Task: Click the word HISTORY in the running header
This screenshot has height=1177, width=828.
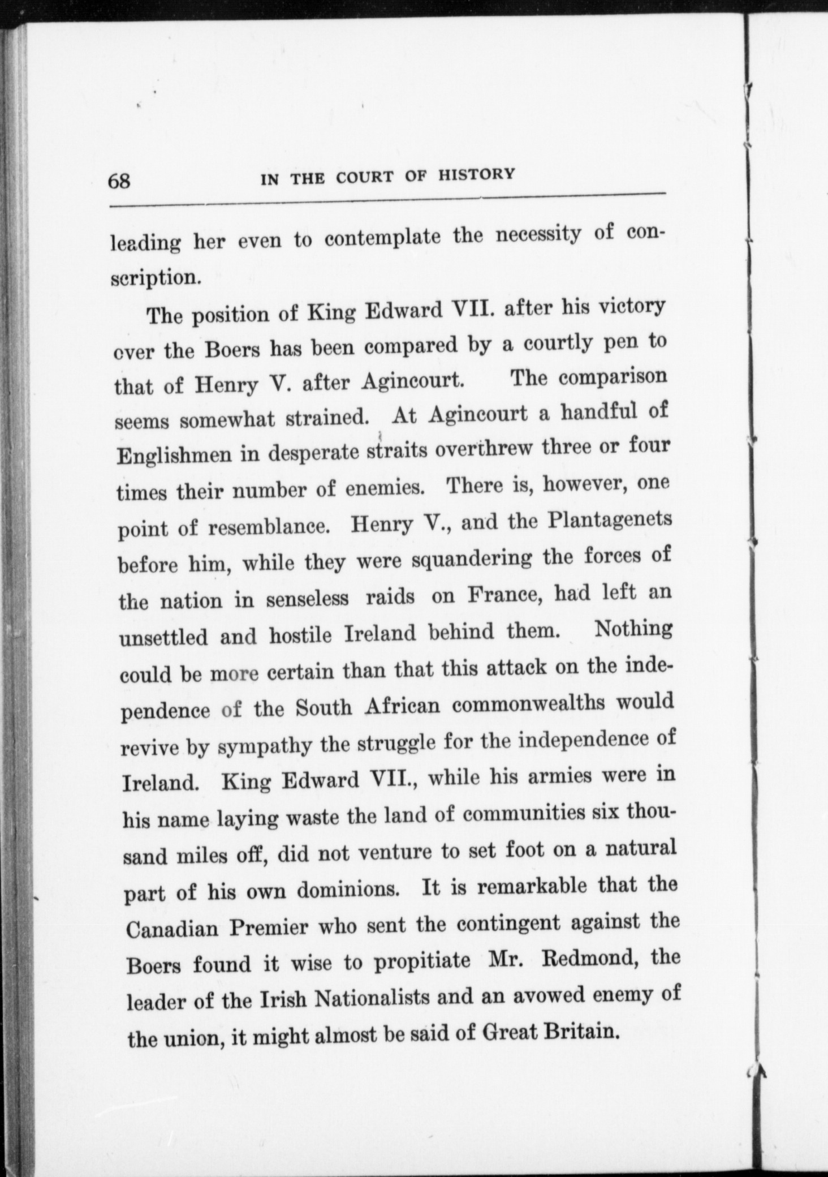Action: click(476, 174)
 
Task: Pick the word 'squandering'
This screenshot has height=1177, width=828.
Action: click(472, 559)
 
